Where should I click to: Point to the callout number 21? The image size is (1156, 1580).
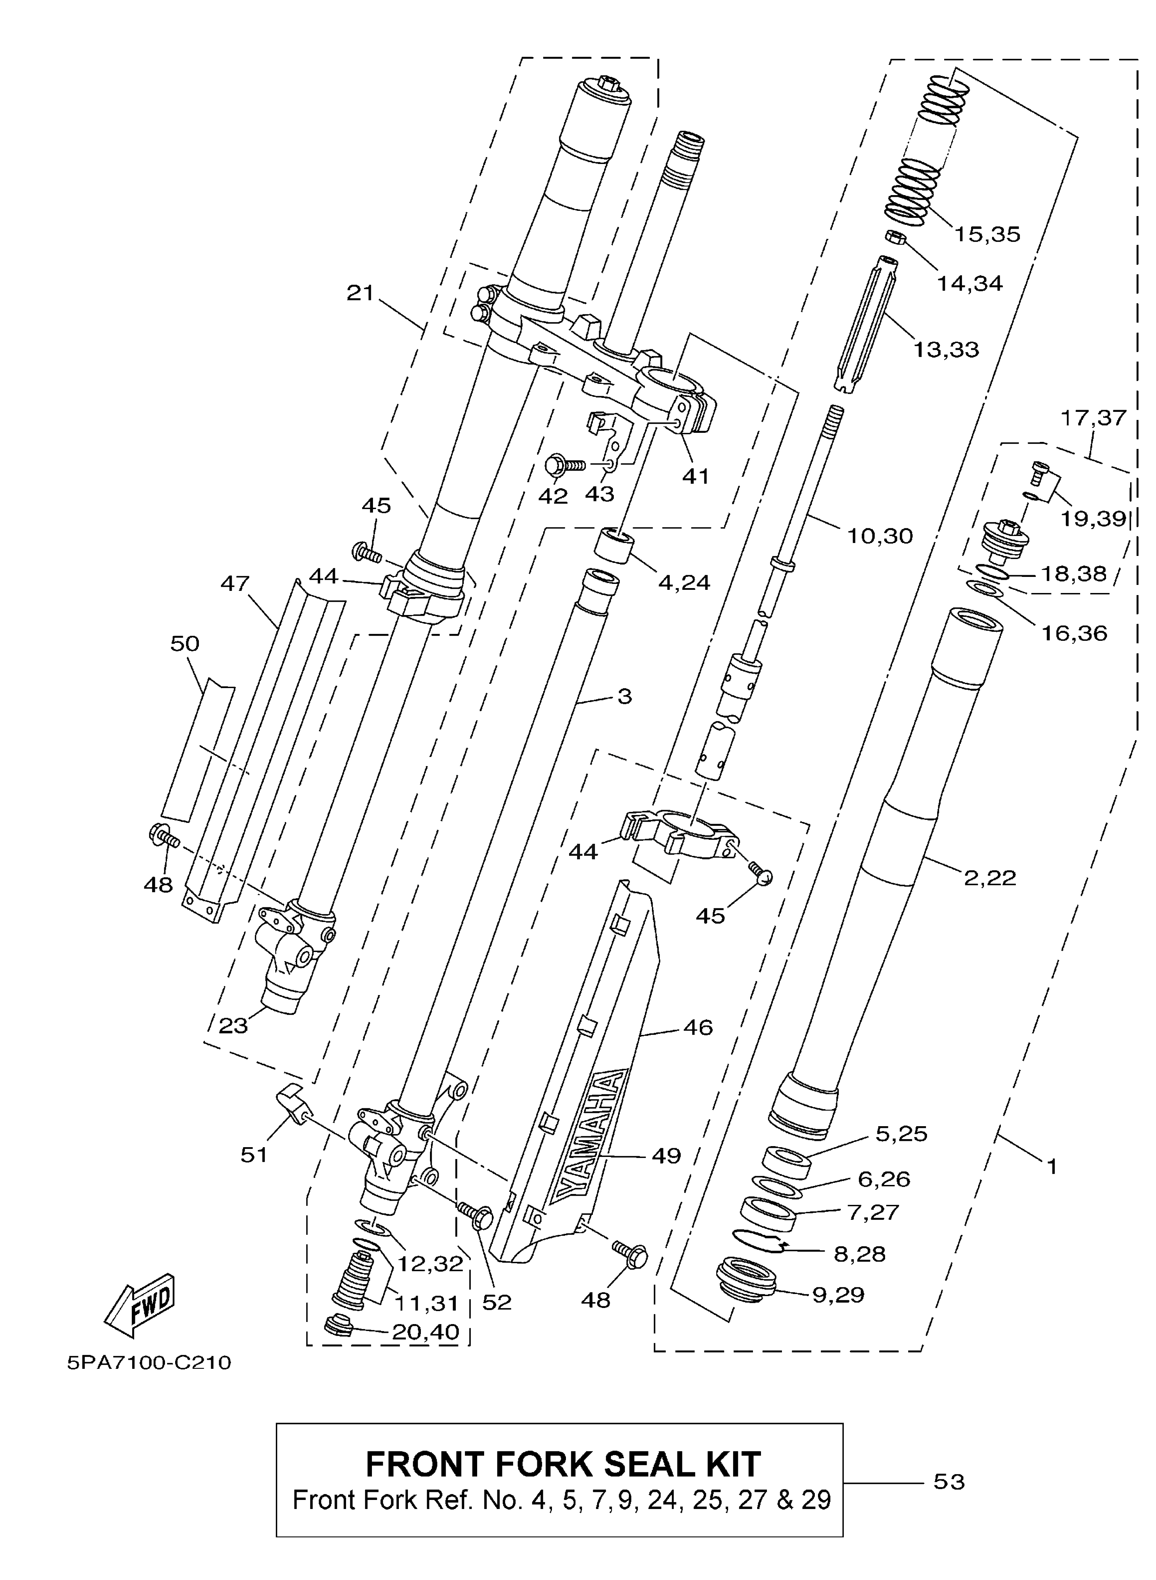(360, 293)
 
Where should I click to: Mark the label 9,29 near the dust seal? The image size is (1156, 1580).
(838, 1294)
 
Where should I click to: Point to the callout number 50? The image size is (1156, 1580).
(185, 643)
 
